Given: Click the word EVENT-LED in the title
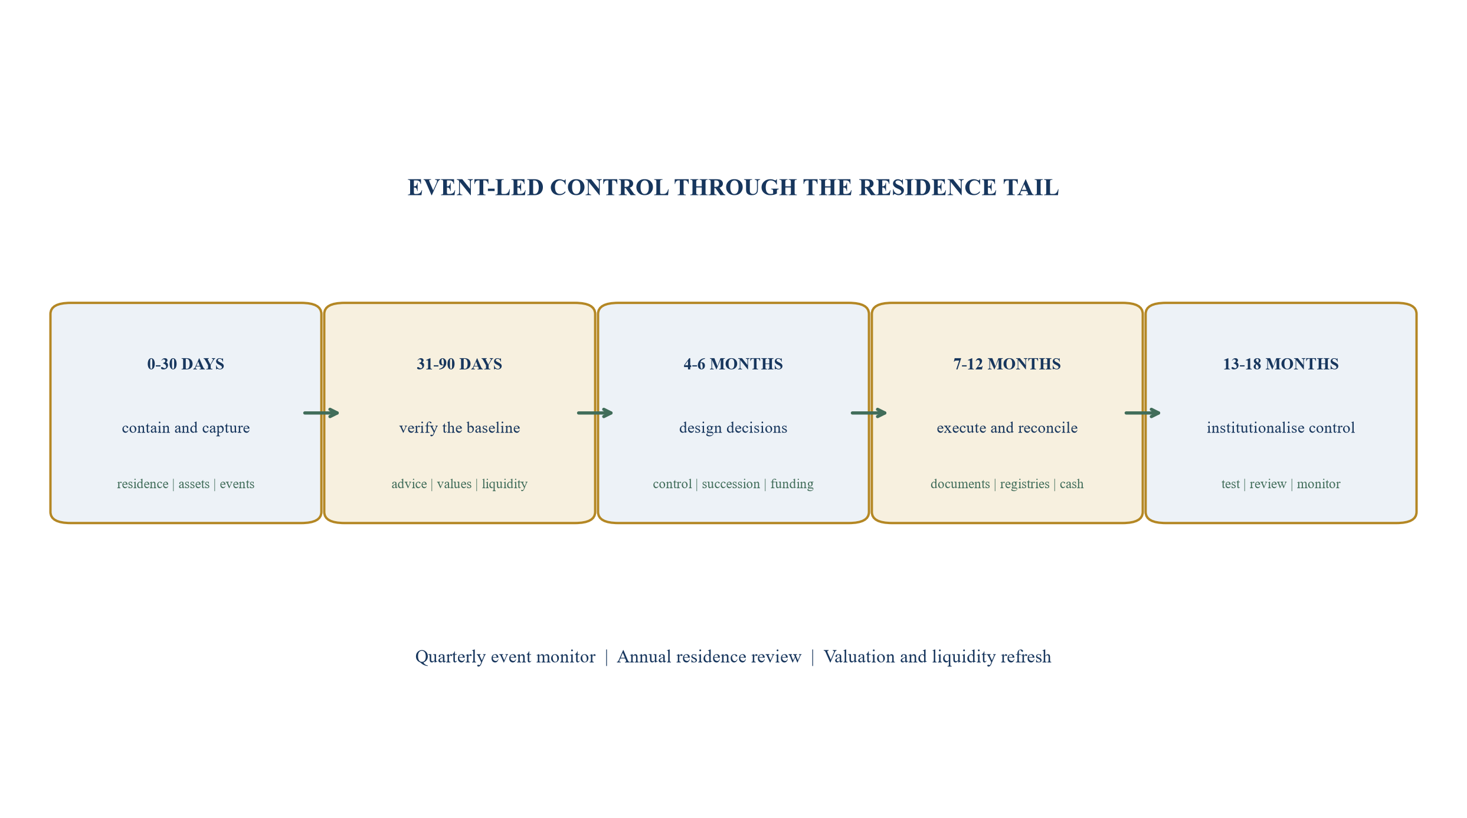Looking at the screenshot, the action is (x=476, y=188).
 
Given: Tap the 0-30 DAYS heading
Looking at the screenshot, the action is (x=186, y=364).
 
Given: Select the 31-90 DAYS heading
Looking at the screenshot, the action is (x=460, y=364).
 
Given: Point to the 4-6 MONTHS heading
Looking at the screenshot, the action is (x=733, y=364).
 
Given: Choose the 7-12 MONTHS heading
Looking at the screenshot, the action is (x=1007, y=364).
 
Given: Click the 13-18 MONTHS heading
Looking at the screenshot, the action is (x=1281, y=364).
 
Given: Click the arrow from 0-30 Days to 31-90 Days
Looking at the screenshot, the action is (x=322, y=413).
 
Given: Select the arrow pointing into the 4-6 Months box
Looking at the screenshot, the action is (x=595, y=413).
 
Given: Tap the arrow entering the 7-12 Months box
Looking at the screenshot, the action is (x=869, y=413).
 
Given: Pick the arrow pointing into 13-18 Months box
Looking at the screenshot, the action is (x=1143, y=413).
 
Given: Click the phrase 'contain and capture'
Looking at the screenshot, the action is (x=186, y=428).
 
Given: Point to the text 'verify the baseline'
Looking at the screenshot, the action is (x=460, y=428).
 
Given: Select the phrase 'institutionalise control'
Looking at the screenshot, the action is (x=1281, y=428).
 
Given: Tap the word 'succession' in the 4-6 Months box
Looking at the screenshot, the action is (x=731, y=484).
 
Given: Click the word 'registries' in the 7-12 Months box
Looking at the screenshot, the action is (x=1025, y=485).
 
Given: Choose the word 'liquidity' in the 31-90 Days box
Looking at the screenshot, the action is (x=505, y=485).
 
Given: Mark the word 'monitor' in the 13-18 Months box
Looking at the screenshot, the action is (x=1319, y=484).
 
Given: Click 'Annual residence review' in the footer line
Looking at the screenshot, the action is (x=709, y=657).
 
